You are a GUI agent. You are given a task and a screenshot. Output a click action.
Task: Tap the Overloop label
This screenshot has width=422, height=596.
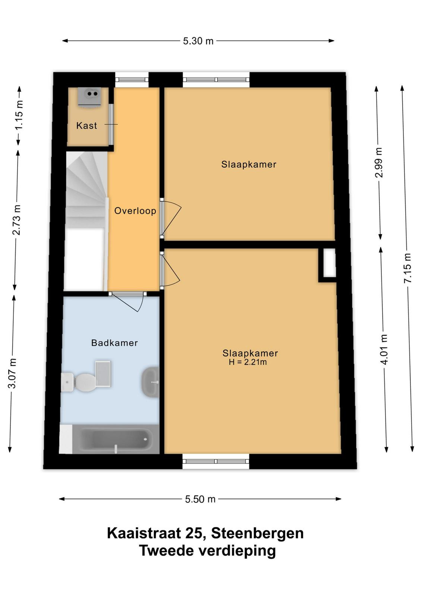tap(135, 211)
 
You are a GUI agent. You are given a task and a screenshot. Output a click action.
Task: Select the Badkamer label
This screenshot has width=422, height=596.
tap(114, 343)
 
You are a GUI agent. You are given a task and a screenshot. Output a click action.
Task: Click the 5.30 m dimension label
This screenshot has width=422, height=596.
tap(198, 41)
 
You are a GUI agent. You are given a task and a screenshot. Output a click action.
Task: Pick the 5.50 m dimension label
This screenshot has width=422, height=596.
tap(200, 499)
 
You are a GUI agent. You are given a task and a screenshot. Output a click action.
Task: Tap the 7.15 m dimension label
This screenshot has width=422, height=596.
tap(408, 268)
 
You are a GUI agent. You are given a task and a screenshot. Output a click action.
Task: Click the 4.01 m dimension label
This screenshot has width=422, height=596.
tap(384, 349)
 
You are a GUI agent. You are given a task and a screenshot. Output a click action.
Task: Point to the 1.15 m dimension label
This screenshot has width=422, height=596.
tap(19, 115)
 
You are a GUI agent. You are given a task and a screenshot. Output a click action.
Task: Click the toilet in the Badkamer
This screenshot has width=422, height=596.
tap(78, 382)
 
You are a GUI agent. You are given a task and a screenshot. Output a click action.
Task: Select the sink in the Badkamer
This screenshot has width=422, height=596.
tap(150, 382)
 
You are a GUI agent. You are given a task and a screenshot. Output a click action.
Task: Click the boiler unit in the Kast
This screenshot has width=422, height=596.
tap(89, 97)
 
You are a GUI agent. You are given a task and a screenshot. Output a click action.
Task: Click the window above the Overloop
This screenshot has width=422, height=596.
tap(132, 80)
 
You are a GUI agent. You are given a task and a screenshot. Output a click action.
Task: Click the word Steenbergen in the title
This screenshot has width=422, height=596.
tap(257, 533)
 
